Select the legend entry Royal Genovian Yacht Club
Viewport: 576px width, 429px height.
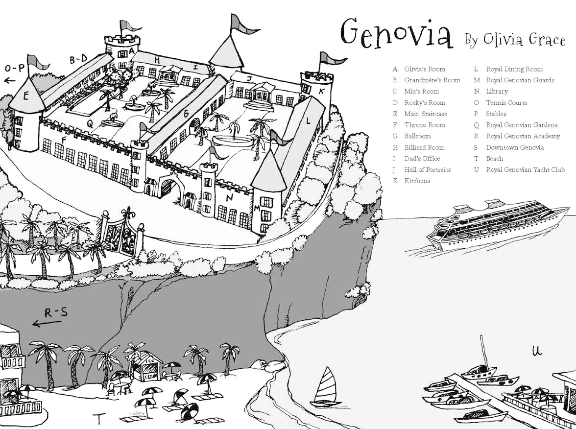point(525,170)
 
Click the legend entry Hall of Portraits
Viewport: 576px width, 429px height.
point(427,170)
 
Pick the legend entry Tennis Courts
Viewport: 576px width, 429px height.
point(506,103)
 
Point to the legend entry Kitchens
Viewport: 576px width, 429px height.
point(417,181)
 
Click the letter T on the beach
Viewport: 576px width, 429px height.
point(99,419)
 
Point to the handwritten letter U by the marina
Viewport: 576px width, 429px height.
point(537,350)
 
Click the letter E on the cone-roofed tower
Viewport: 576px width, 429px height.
point(26,95)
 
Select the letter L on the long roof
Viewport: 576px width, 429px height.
point(308,120)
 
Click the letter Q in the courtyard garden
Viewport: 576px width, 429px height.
point(90,124)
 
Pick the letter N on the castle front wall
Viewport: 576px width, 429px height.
point(229,198)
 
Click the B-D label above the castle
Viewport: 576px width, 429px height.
point(78,60)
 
